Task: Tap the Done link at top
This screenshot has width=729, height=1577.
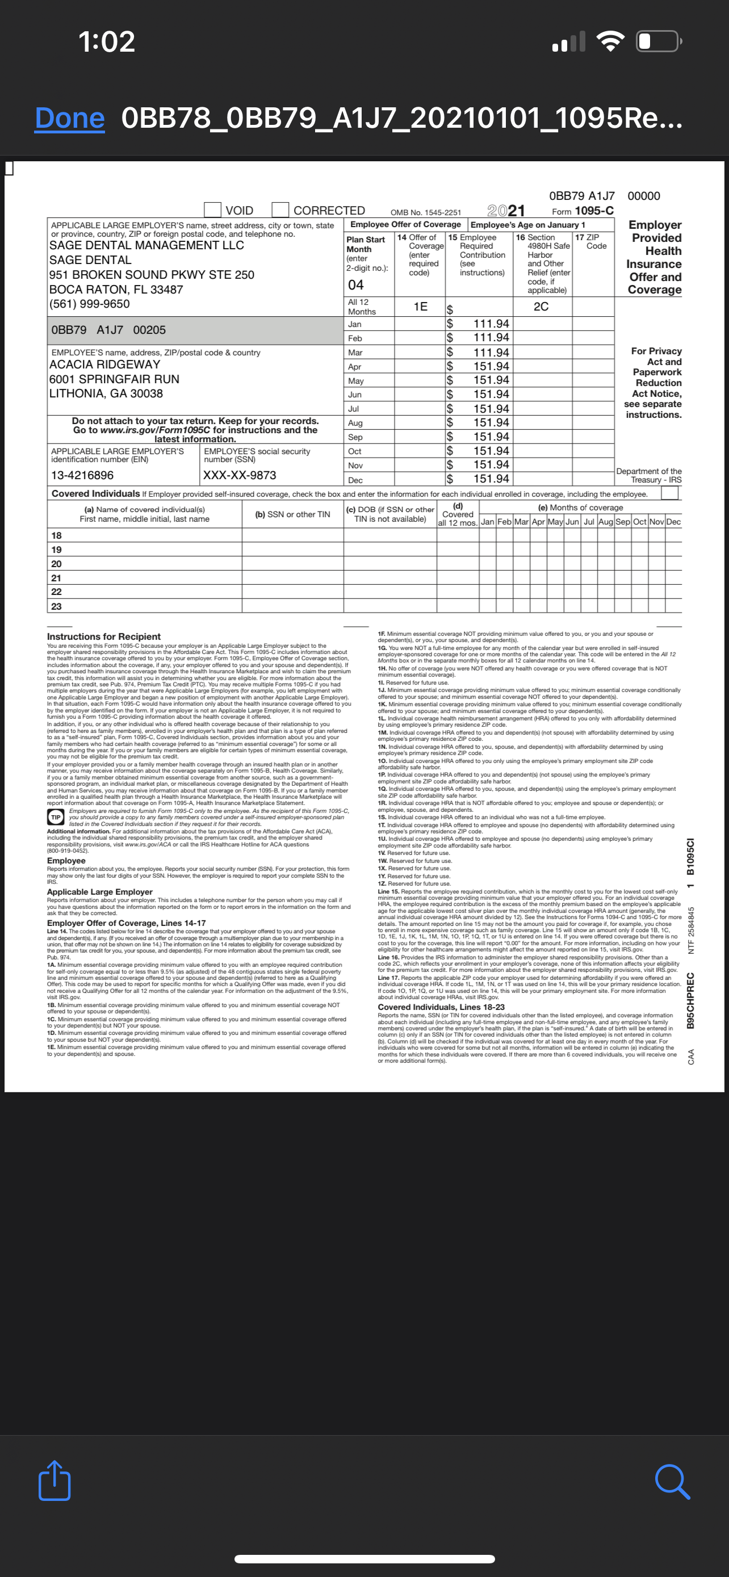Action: click(x=69, y=118)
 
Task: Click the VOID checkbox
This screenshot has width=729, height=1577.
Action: click(x=212, y=210)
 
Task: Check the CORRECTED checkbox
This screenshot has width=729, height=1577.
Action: click(x=280, y=210)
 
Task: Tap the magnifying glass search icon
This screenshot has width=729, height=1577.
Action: click(x=672, y=1482)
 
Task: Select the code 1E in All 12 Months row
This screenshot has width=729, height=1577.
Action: click(x=421, y=307)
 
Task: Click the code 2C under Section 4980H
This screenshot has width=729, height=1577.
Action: click(x=541, y=307)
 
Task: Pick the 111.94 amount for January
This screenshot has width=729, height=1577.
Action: click(x=491, y=324)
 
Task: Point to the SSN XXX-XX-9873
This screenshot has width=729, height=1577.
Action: click(x=240, y=476)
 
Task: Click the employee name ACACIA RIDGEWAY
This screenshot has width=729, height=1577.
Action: click(x=104, y=364)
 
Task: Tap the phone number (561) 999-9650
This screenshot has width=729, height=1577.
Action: click(x=89, y=304)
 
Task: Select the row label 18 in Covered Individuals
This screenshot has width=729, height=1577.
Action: click(x=56, y=536)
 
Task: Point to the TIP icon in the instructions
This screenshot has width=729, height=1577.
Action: click(x=56, y=817)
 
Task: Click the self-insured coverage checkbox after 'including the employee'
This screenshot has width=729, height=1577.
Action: click(x=669, y=493)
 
